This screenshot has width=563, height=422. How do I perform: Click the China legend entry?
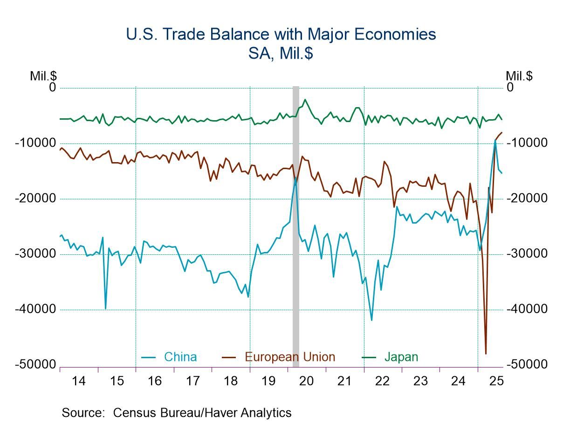(x=180, y=357)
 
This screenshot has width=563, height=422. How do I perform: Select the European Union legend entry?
(x=289, y=357)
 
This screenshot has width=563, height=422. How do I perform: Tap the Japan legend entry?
(x=401, y=357)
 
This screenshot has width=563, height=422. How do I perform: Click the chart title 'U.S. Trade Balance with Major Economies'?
(x=281, y=34)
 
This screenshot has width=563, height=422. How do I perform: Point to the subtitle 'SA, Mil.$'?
(x=281, y=53)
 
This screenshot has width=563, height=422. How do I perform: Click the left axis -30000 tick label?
(x=35, y=254)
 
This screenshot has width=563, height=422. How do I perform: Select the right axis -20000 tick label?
(x=527, y=198)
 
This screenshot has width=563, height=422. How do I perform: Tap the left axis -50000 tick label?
(x=35, y=365)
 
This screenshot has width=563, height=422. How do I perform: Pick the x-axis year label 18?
(x=231, y=381)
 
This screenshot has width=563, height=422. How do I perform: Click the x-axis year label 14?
(x=79, y=381)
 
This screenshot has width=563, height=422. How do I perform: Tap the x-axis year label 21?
(x=344, y=381)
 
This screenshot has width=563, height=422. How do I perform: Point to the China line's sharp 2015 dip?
(x=105, y=308)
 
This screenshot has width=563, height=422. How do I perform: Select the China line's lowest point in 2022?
(x=371, y=320)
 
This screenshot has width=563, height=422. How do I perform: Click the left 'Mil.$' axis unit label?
(x=43, y=76)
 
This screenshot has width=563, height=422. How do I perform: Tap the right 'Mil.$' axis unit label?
(x=519, y=76)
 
